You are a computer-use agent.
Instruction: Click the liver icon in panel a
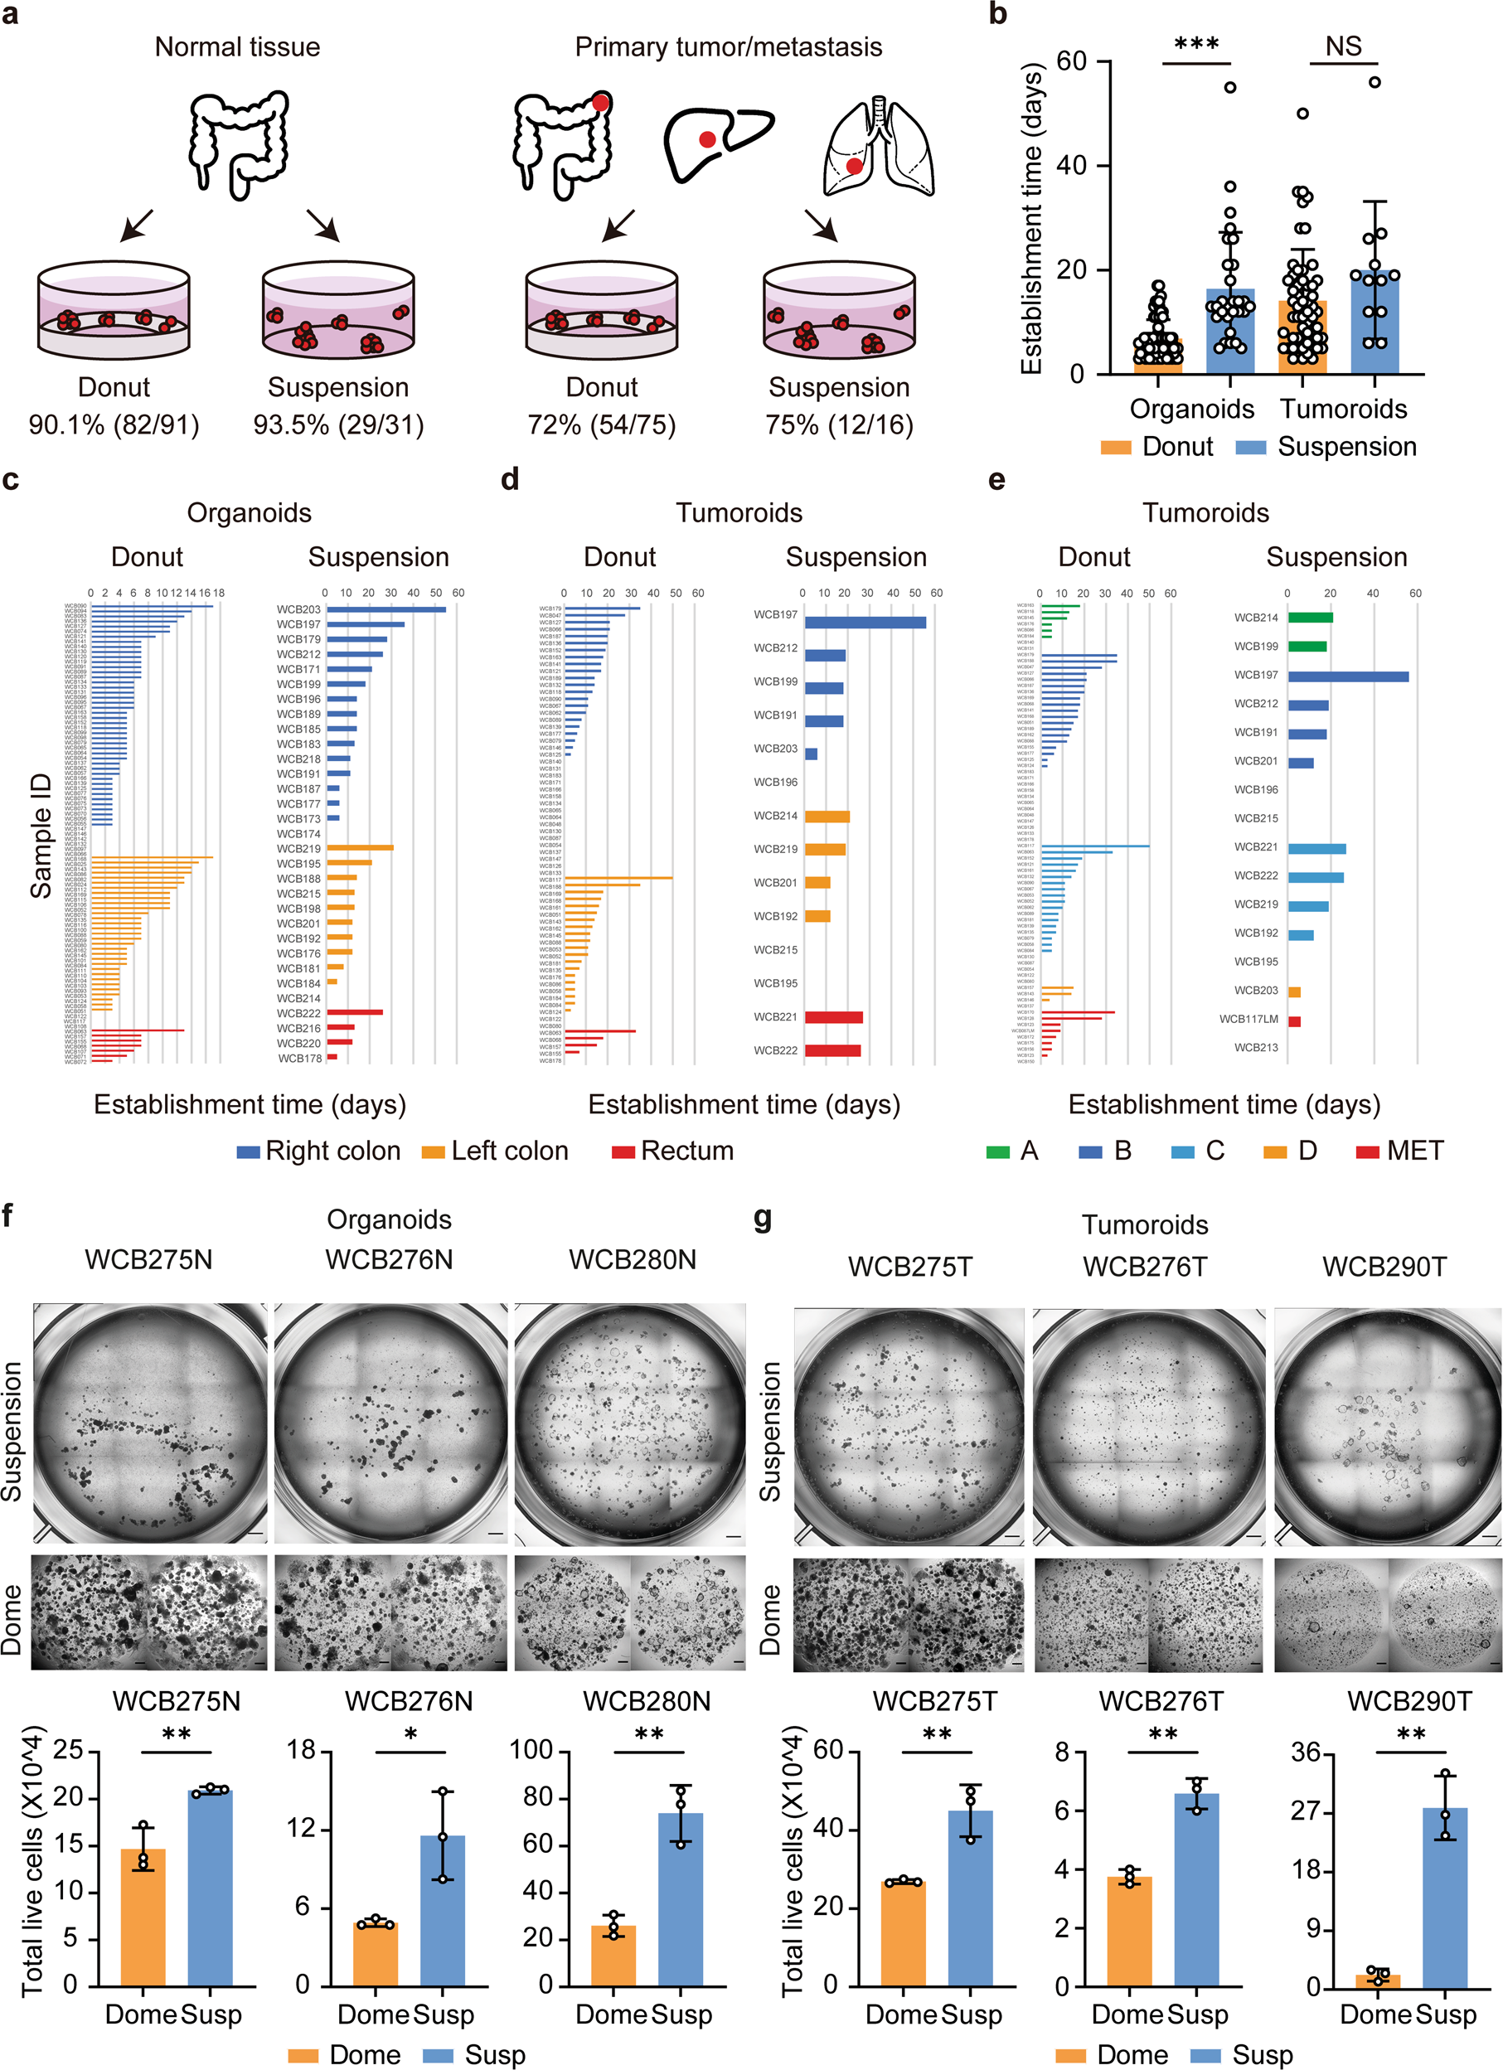click(x=717, y=143)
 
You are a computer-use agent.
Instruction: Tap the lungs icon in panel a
click(x=878, y=146)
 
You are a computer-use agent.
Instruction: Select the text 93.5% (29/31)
click(x=338, y=424)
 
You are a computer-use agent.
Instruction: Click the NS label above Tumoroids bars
click(x=1342, y=46)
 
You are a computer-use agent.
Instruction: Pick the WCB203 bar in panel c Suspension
click(x=386, y=609)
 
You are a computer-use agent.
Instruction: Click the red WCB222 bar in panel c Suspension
click(x=354, y=1012)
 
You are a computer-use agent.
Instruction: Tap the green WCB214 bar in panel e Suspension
click(x=1310, y=618)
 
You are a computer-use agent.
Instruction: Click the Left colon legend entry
click(x=496, y=1151)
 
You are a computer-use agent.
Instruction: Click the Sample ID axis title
click(x=41, y=835)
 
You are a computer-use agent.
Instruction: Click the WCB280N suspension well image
click(x=630, y=1422)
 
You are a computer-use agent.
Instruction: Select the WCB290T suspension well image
click(x=1386, y=1426)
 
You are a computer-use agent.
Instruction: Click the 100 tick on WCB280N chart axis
click(x=531, y=1750)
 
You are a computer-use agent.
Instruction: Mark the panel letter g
click(x=763, y=1219)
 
